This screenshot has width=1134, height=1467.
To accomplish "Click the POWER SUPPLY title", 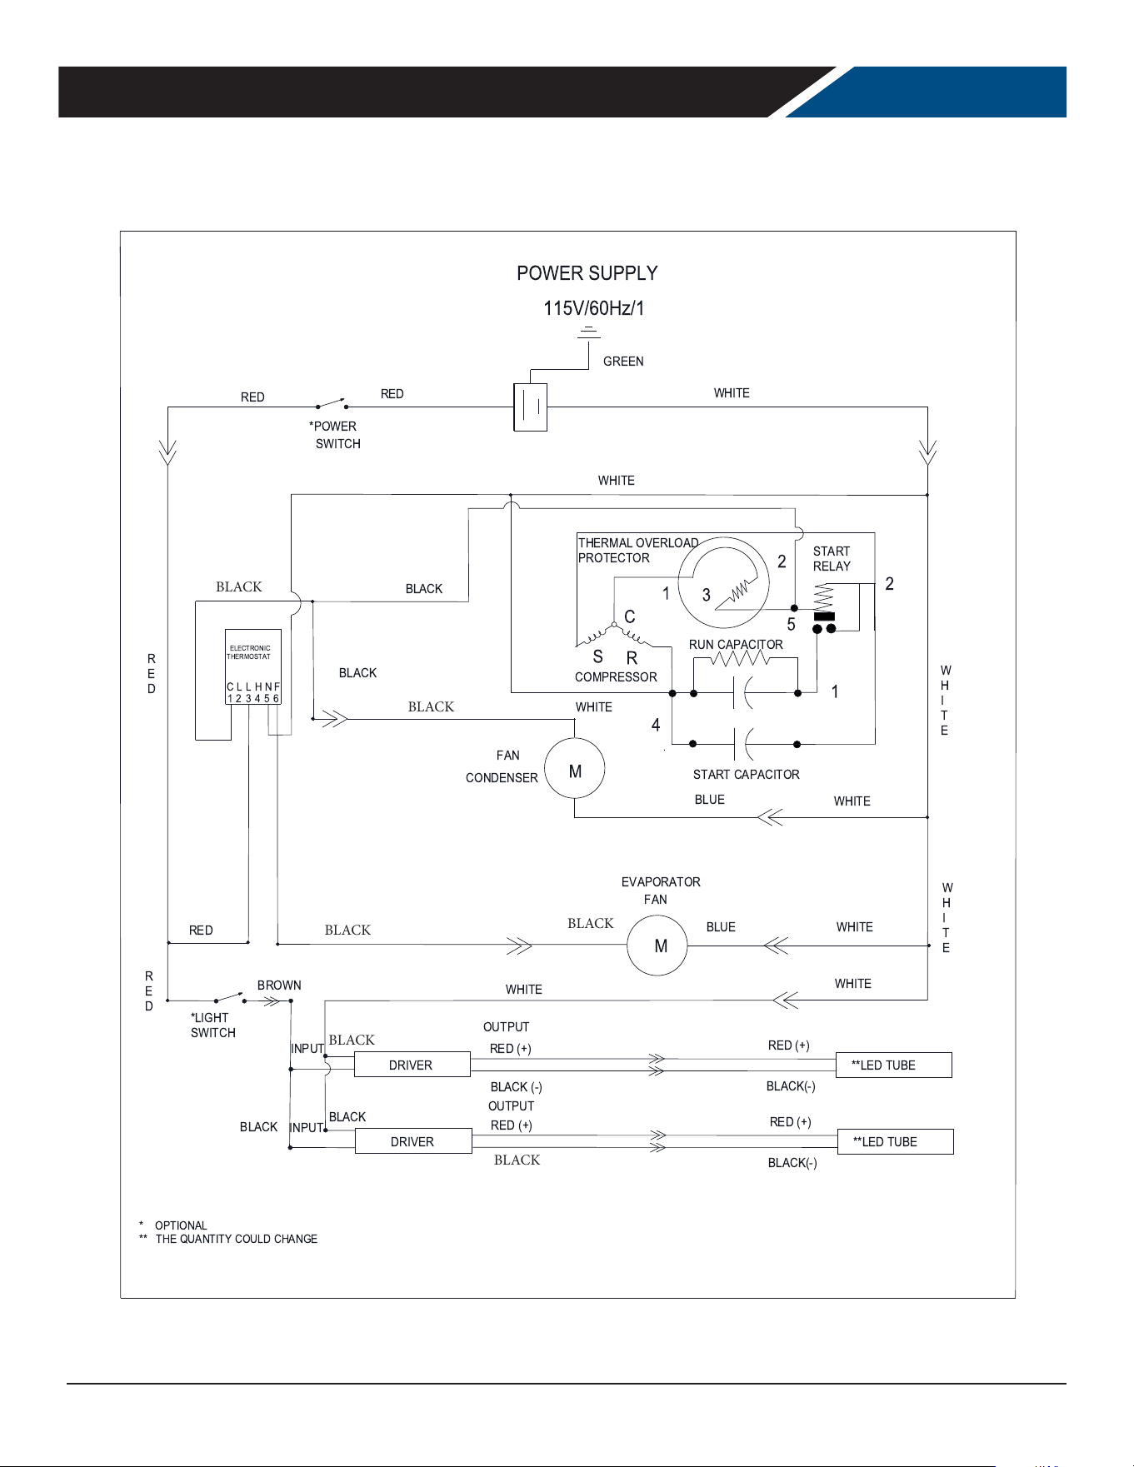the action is click(x=587, y=273).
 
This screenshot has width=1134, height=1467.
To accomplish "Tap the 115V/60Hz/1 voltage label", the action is click(x=594, y=308).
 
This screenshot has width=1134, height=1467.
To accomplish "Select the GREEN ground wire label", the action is click(x=623, y=362).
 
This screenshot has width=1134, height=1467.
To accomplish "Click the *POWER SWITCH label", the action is click(x=335, y=435).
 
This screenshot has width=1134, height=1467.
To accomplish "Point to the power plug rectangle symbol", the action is click(x=531, y=407).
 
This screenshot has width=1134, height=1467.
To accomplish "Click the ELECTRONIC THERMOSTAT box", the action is click(x=253, y=666).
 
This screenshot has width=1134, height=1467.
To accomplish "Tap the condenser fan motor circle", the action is click(x=575, y=768).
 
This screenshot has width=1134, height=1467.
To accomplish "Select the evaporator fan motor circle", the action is click(x=657, y=946).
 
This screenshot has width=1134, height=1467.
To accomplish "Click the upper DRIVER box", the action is click(x=412, y=1065).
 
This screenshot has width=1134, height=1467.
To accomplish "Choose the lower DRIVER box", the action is click(x=413, y=1141).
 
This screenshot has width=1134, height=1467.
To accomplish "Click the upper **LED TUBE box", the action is click(x=894, y=1065).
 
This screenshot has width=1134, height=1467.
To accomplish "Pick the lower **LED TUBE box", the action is click(x=895, y=1141).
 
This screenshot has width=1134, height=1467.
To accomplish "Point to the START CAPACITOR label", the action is click(x=747, y=775).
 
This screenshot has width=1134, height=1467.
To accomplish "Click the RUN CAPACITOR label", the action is click(x=736, y=645).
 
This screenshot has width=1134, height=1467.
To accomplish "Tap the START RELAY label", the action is click(x=832, y=559).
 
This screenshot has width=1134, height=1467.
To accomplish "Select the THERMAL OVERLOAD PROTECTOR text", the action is click(x=638, y=551).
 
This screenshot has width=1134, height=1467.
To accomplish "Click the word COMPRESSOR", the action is click(x=616, y=677).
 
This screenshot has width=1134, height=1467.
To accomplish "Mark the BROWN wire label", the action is click(x=279, y=985).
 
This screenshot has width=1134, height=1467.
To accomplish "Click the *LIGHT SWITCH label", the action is click(x=212, y=1025).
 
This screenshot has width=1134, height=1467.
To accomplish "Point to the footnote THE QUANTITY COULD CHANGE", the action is click(x=237, y=1239).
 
